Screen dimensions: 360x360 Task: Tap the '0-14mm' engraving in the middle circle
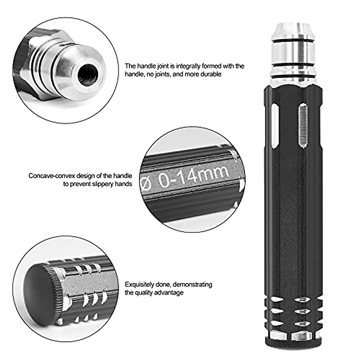(x=194, y=176)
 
